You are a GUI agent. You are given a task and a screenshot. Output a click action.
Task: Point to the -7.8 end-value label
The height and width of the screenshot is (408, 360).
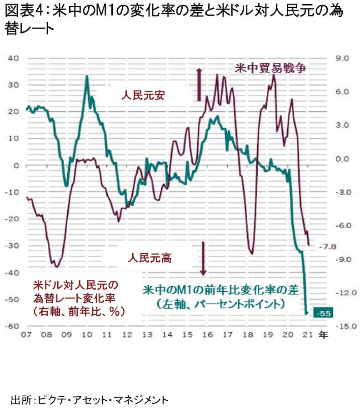click(x=326, y=247)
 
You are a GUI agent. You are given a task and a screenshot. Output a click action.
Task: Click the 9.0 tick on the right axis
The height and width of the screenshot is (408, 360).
click(x=341, y=58)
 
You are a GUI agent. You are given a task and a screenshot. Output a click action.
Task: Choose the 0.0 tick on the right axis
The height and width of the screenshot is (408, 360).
click(x=341, y=159)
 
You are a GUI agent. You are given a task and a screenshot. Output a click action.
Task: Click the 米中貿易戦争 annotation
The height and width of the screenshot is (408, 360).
click(x=271, y=69)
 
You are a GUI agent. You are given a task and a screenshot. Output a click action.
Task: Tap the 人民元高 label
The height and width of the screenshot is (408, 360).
click(x=150, y=259)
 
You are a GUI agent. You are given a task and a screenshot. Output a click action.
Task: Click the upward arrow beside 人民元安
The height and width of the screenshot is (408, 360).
click(x=199, y=84)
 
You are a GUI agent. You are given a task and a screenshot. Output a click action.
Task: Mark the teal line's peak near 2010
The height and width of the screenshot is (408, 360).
click(x=87, y=76)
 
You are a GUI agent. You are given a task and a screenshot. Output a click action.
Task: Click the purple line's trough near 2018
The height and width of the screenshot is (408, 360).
click(x=251, y=254)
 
